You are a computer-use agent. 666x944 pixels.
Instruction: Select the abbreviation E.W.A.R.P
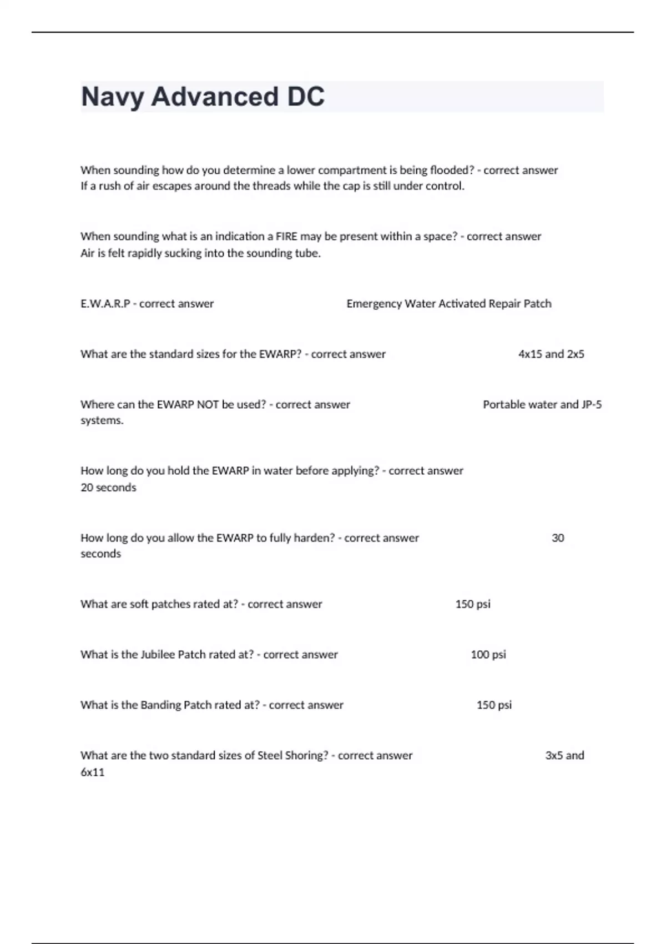point(105,304)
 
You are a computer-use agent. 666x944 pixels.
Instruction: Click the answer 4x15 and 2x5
point(551,354)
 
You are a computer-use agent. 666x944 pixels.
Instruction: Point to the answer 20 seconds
point(108,488)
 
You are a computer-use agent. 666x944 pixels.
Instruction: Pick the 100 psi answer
point(488,655)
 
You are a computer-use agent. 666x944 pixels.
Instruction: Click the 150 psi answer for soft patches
point(473,604)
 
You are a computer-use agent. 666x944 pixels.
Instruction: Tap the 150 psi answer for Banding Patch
point(494,705)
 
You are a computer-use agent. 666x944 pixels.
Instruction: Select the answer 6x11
point(93,772)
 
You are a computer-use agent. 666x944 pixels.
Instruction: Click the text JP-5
point(592,405)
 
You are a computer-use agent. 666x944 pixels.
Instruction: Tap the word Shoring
point(307,756)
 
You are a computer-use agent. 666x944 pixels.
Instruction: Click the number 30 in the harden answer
point(558,538)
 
